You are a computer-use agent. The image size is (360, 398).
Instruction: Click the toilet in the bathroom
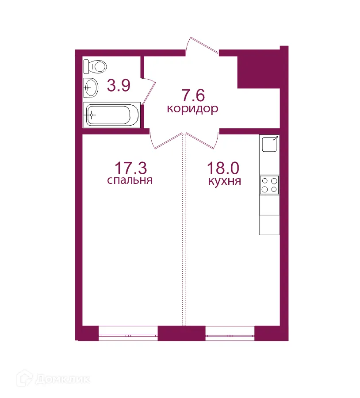point(96,67)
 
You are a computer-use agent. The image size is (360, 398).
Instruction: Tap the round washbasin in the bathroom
point(91,87)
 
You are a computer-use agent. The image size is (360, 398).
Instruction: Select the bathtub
point(112,115)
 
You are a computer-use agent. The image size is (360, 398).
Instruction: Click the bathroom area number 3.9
point(119,85)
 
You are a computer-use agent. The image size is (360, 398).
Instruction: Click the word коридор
point(192,109)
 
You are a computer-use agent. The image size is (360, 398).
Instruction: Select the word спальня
point(130,180)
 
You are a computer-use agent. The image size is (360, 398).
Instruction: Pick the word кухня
point(224,181)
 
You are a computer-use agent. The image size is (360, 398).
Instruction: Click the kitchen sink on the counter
point(269,144)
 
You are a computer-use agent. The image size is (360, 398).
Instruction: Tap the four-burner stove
point(269,184)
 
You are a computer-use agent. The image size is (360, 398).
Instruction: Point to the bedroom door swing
point(166,141)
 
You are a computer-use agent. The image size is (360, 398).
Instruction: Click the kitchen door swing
point(204,141)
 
